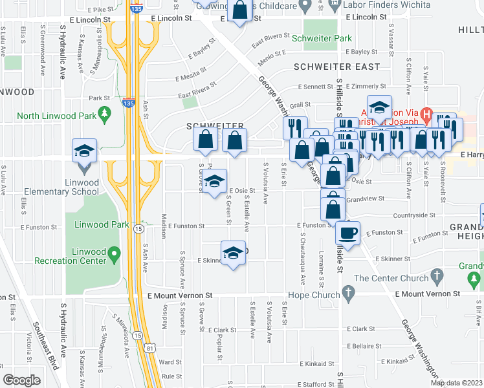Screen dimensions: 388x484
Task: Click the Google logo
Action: coord(22,380)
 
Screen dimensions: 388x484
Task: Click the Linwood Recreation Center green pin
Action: coord(115,253)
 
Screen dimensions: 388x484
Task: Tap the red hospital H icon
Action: coord(426,111)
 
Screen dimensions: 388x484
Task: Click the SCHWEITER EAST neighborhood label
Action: coord(336,67)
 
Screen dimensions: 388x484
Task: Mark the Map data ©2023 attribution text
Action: coord(456,383)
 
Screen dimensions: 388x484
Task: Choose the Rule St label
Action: coord(171,376)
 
